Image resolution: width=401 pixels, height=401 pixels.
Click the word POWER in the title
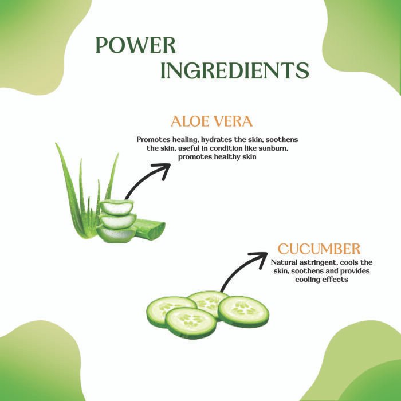coord(136,45)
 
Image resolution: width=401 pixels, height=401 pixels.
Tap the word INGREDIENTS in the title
coord(235,70)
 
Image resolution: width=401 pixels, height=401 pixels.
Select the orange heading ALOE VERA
coord(212,121)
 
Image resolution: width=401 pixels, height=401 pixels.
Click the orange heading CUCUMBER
coord(319,249)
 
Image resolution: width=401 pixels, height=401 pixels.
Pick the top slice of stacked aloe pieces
coord(117,207)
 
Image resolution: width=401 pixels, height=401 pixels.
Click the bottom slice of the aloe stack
coord(116,234)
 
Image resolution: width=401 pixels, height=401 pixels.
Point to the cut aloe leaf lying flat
coord(150,229)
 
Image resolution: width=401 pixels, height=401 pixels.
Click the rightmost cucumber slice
coord(243,311)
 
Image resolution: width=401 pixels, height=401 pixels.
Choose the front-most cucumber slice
coord(191,322)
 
